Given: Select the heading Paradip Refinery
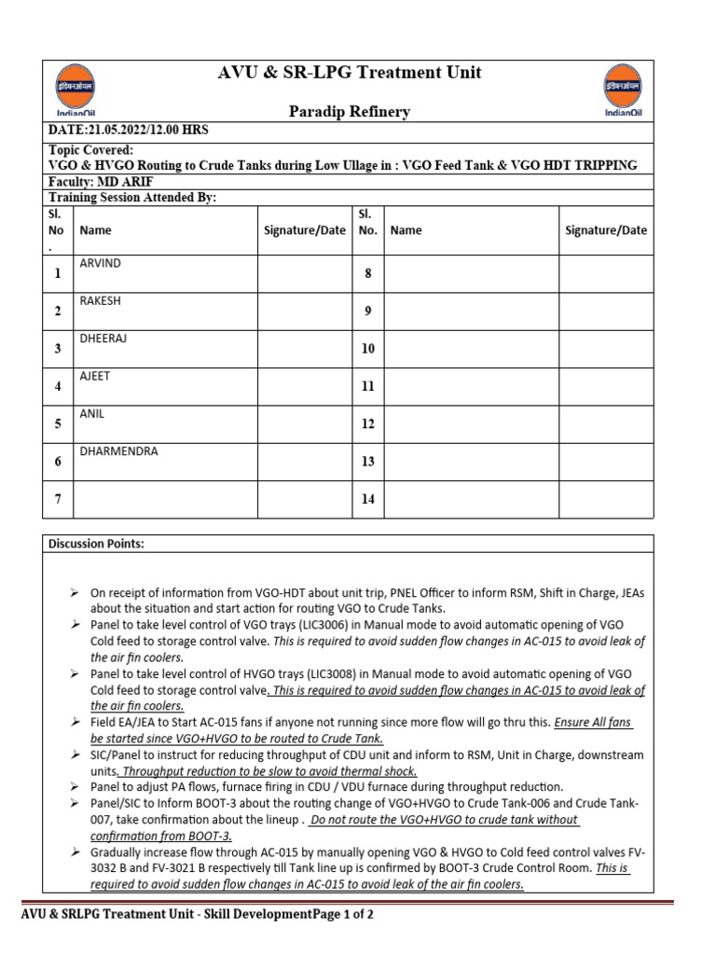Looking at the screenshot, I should click(349, 112).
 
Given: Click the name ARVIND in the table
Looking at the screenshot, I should click(100, 264).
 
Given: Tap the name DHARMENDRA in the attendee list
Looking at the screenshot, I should click(118, 451).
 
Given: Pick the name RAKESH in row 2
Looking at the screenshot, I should click(100, 301).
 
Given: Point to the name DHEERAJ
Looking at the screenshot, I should click(103, 339).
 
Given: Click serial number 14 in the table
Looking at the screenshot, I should click(367, 499).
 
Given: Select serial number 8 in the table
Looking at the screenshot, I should click(367, 273).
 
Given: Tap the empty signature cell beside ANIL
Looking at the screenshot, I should click(304, 423).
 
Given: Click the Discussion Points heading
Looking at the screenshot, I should click(96, 544).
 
